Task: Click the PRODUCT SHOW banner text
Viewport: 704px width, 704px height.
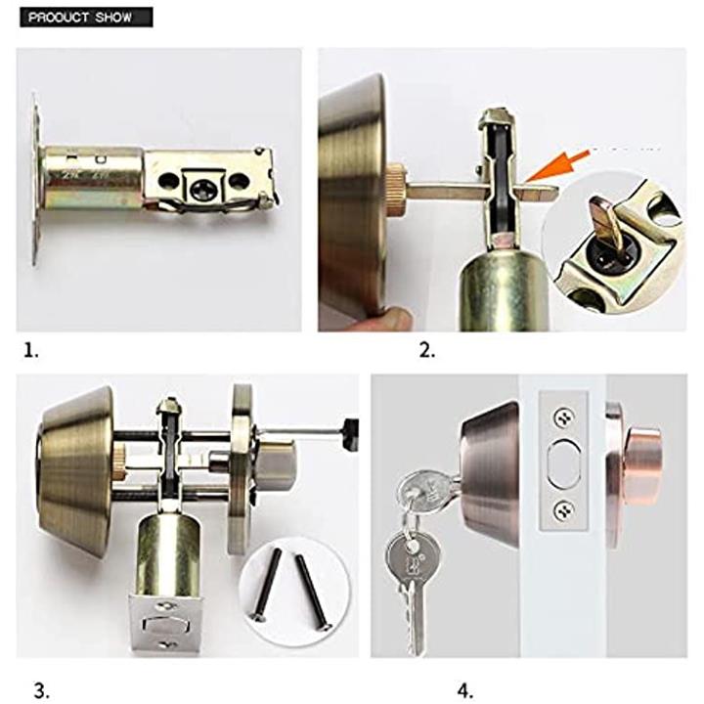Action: point(80,18)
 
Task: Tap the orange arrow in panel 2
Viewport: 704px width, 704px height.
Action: point(558,166)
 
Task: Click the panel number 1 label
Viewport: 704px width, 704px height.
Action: point(30,350)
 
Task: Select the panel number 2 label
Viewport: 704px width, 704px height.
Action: point(427,350)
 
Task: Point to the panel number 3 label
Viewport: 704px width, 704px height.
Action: point(41,690)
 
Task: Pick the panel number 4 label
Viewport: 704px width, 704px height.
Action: point(465,690)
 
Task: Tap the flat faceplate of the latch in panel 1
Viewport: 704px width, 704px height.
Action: point(35,180)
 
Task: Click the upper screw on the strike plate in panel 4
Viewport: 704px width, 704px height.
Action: point(563,418)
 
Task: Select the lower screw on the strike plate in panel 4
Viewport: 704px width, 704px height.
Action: point(563,510)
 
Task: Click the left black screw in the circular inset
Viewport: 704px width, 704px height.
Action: point(266,585)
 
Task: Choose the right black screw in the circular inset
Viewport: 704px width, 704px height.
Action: point(313,592)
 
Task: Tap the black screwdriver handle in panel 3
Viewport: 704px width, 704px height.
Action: point(350,433)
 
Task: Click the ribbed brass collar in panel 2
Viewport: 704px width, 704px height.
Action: point(397,183)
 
